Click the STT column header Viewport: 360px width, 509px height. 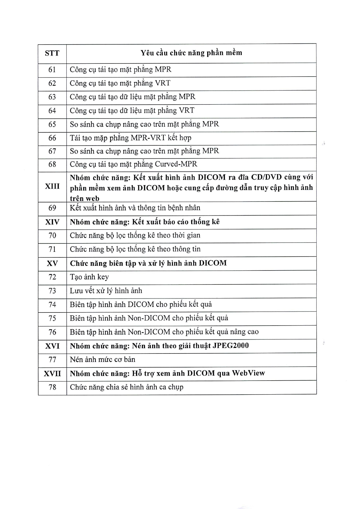point(52,53)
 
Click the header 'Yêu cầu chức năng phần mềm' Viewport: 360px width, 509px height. point(191,53)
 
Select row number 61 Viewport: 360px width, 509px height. point(52,70)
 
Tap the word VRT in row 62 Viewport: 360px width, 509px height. point(163,83)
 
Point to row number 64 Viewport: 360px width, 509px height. point(52,111)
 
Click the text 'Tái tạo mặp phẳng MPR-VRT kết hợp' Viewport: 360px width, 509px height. point(130,138)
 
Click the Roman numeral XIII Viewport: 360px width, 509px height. point(52,186)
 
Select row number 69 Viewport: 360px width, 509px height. point(52,208)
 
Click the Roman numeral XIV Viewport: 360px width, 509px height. point(52,222)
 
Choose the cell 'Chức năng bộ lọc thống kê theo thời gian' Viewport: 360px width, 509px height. point(135,235)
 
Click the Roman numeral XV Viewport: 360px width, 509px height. point(52,263)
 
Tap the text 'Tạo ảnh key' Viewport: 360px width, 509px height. point(89,277)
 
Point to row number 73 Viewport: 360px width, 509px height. point(52,291)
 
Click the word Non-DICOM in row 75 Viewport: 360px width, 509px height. point(149,318)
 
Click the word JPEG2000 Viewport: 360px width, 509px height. point(231,346)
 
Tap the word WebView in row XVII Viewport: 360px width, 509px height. point(248,373)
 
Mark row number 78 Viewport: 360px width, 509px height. point(52,387)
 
